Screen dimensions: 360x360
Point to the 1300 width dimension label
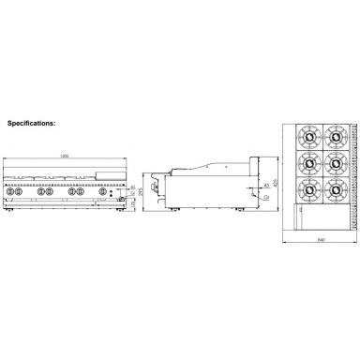click(x=65, y=155)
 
